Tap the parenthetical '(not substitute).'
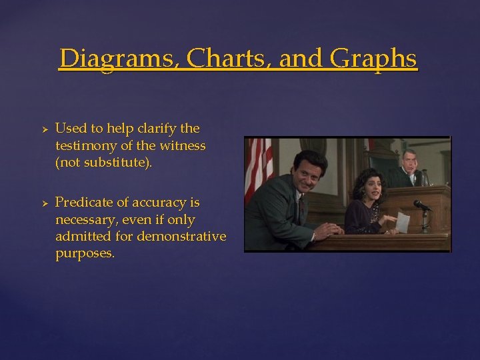[x=103, y=163]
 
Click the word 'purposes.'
[x=85, y=254]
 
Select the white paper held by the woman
[x=402, y=222]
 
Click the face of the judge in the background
[x=409, y=160]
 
